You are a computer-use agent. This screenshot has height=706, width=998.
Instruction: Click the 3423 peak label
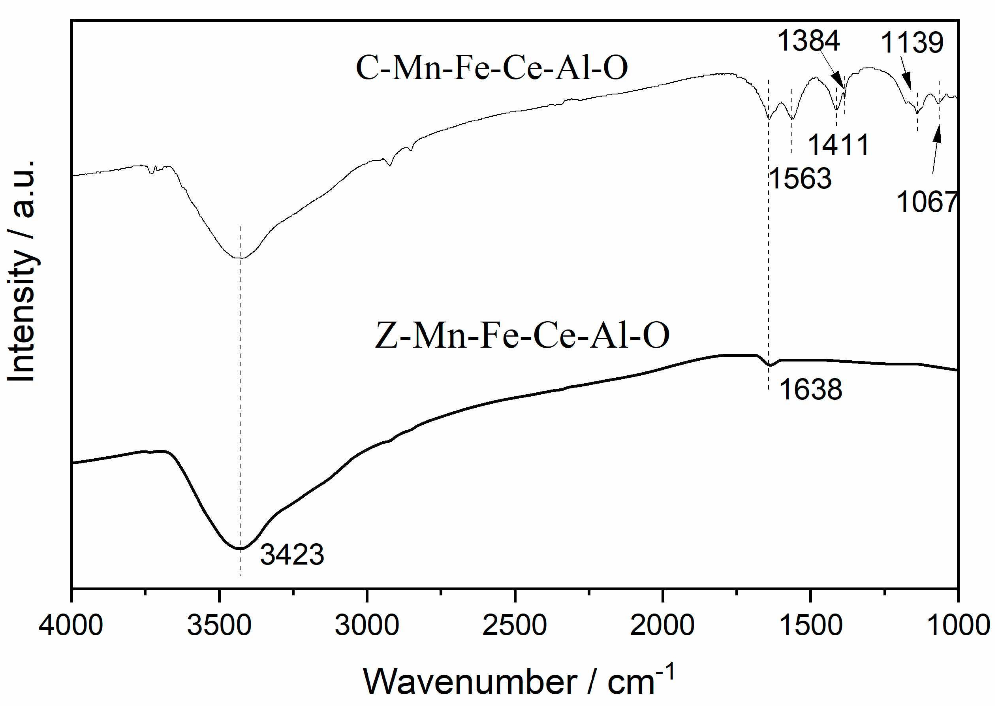[x=292, y=555]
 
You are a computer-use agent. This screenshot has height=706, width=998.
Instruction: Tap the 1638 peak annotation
[x=810, y=390]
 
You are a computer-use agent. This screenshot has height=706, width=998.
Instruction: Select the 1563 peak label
[x=800, y=179]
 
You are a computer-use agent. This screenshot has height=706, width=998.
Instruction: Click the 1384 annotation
[x=808, y=41]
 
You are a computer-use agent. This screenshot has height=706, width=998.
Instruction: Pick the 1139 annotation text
[x=912, y=43]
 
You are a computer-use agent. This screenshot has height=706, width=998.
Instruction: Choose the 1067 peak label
[x=926, y=202]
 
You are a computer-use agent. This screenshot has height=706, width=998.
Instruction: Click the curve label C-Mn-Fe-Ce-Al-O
[x=492, y=68]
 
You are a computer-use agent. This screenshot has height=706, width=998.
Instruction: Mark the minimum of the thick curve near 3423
[x=240, y=549]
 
